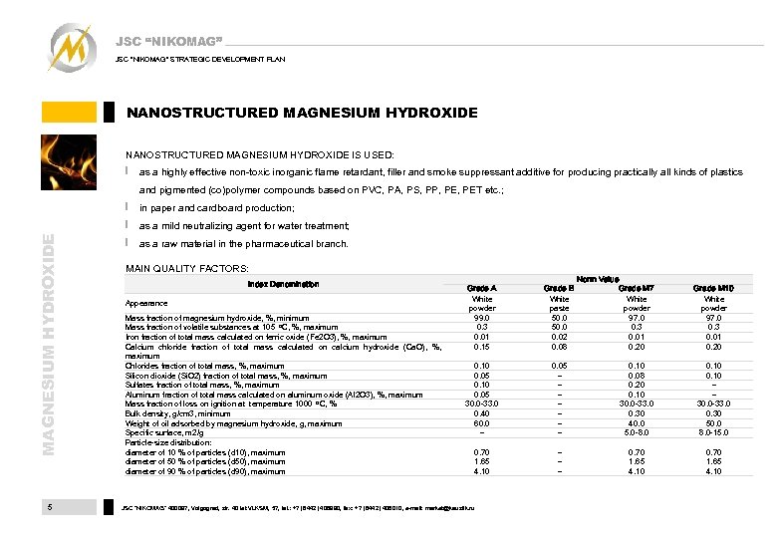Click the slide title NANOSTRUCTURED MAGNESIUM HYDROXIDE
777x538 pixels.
coord(302,113)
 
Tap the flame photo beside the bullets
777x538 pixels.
coord(69,163)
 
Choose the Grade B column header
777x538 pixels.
coord(560,289)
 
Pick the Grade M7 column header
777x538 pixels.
coord(636,289)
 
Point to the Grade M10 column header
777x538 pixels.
coord(713,289)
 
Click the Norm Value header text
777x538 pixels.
coord(597,279)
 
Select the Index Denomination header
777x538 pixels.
coord(284,284)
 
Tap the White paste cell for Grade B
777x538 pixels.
coord(560,303)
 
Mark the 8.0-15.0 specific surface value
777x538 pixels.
coord(713,432)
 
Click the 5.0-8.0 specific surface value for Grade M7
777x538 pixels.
coord(636,432)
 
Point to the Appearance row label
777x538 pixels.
coord(146,303)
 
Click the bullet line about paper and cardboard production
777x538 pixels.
coord(216,208)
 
